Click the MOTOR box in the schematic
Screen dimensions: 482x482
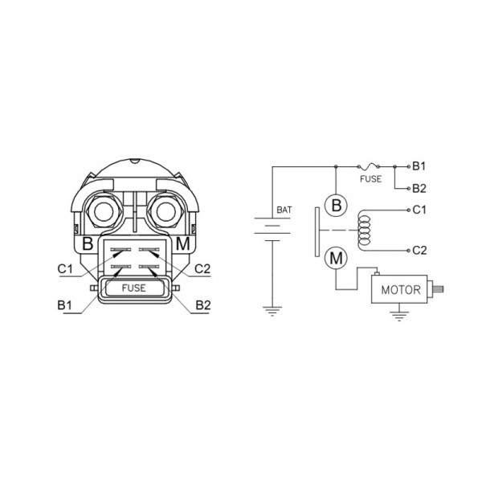click(x=399, y=289)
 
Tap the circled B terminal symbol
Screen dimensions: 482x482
click(x=337, y=205)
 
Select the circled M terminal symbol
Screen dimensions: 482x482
click(x=337, y=258)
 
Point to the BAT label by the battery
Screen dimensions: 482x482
click(x=284, y=210)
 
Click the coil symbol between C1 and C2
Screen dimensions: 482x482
click(x=364, y=231)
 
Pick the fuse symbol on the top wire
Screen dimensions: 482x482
click(x=368, y=166)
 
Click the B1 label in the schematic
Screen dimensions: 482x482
click(x=419, y=166)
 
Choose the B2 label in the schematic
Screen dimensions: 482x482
click(x=419, y=189)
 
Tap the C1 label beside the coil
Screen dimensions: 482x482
click(x=419, y=210)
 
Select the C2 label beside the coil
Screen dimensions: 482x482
click(x=419, y=250)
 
